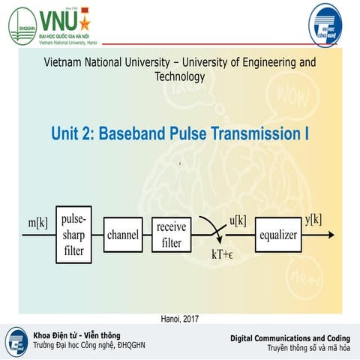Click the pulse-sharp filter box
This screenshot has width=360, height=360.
click(x=73, y=235)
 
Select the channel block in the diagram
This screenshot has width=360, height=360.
click(x=123, y=235)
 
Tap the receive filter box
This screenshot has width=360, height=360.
click(x=172, y=235)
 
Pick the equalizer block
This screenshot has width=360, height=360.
click(x=277, y=235)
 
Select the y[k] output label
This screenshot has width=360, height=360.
click(x=313, y=219)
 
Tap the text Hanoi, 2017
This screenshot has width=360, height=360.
click(x=181, y=318)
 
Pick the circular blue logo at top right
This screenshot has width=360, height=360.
click(x=329, y=24)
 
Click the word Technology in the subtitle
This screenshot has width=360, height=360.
click(x=180, y=76)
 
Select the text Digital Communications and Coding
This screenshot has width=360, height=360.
click(x=289, y=339)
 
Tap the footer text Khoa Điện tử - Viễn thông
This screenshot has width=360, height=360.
click(x=76, y=334)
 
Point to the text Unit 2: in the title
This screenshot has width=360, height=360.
click(x=74, y=134)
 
